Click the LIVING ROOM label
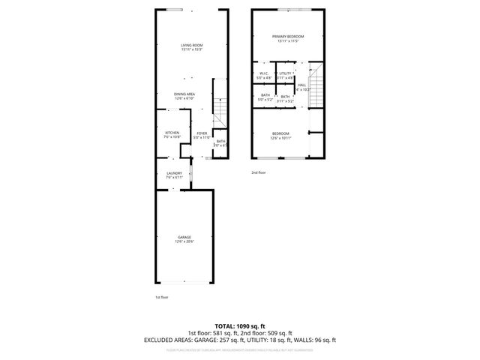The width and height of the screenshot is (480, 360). click(191, 46)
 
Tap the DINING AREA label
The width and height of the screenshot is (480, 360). click(184, 94)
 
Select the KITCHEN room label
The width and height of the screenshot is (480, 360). click(172, 133)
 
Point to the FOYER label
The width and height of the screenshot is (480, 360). click(202, 133)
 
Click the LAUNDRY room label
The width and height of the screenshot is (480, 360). click(174, 173)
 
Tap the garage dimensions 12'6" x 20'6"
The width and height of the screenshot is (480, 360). click(184, 241)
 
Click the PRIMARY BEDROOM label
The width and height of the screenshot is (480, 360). click(288, 36)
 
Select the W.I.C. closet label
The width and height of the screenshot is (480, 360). click(264, 73)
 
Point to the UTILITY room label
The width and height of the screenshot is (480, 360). click(285, 73)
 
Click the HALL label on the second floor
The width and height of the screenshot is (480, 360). click(301, 85)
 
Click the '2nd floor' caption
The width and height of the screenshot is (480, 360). click(259, 172)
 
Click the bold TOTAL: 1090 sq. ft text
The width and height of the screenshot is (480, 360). click(239, 326)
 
